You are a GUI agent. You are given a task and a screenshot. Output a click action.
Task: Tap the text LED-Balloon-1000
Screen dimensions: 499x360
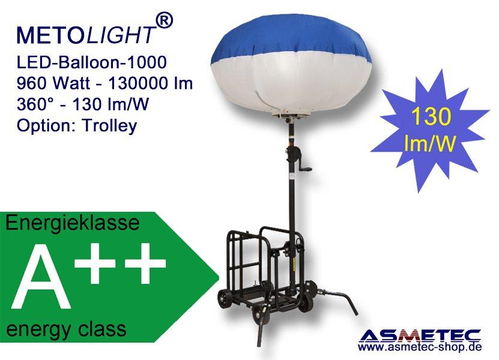click(92, 62)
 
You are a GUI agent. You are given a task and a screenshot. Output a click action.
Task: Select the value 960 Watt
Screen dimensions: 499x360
click(55, 83)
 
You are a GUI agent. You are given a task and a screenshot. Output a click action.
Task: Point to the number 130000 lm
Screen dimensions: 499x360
click(151, 83)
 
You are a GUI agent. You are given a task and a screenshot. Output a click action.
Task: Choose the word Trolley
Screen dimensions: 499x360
click(109, 126)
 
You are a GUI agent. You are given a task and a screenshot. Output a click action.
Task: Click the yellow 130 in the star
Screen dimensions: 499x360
click(431, 116)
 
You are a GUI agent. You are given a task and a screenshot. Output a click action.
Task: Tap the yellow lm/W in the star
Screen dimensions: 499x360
click(429, 143)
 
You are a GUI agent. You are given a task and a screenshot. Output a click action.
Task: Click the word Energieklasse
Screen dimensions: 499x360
click(73, 223)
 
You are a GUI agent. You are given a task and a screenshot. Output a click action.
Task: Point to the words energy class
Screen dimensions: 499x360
click(66, 329)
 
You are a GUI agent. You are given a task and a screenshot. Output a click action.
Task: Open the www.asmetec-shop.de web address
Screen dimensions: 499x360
click(420, 347)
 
